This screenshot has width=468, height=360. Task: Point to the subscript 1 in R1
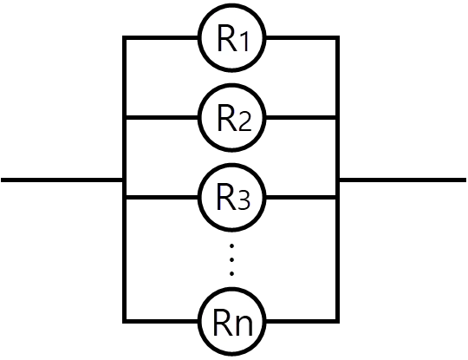tap(244, 42)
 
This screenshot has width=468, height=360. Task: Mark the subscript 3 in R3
tap(244, 200)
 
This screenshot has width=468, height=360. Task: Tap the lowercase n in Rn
tap(244, 325)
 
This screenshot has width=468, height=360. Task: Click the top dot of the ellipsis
tap(231, 245)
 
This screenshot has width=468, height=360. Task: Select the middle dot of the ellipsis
tap(231, 259)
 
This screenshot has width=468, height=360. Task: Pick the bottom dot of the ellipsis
tap(231, 273)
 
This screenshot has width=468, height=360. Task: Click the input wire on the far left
tap(62, 180)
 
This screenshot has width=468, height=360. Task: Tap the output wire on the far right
tap(403, 180)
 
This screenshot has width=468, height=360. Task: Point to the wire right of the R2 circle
tap(301, 118)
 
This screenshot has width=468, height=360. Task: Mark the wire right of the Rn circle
tap(301, 322)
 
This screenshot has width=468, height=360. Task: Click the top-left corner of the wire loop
tap(125, 38)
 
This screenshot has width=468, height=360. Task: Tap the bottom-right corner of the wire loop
tap(337, 322)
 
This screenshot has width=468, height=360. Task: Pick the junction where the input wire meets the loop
tap(125, 180)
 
